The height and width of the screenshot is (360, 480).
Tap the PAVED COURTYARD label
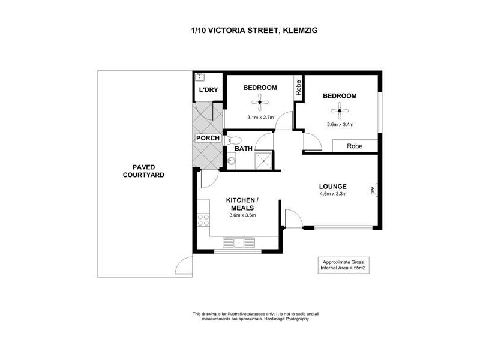pos(143,171)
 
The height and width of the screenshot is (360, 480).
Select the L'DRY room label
pos(208,90)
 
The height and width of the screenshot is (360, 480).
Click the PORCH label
pos(208,139)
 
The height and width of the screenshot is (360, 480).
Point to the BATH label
pos(243,148)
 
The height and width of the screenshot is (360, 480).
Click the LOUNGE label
pos(332,186)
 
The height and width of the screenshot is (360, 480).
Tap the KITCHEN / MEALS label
pos(242,204)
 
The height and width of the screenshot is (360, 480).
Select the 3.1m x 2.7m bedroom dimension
pos(260,118)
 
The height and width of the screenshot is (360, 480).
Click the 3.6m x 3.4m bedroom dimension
pos(340,125)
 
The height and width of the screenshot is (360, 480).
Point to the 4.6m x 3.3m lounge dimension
pos(334,194)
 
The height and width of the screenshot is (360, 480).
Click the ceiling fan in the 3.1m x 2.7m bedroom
pos(260,103)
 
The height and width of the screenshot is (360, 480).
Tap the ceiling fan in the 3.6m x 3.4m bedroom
pos(339,110)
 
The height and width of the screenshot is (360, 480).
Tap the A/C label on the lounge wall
pos(373,191)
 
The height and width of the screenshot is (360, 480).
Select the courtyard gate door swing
pos(184,266)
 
